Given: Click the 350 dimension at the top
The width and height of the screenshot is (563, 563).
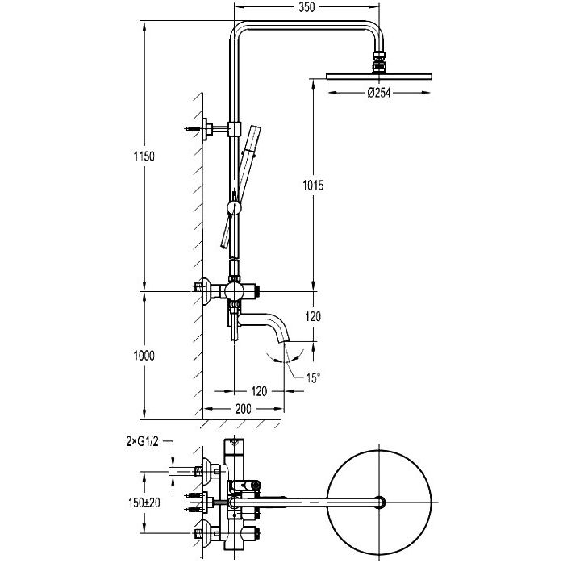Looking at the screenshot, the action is click(307, 7).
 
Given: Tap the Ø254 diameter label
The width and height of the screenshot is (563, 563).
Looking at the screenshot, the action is click(379, 93).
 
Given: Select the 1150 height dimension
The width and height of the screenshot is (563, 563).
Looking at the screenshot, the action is click(144, 156).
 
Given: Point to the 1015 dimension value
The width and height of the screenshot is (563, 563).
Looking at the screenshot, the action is click(313, 186).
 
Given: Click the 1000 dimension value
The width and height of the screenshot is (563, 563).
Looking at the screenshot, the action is click(144, 356).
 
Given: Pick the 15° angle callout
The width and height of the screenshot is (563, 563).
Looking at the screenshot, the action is click(313, 377).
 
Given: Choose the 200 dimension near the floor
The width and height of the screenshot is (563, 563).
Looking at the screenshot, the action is click(243, 409).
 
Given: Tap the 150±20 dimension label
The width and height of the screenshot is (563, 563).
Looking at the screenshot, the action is click(144, 503).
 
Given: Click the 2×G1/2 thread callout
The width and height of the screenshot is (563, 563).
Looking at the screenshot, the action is click(142, 441).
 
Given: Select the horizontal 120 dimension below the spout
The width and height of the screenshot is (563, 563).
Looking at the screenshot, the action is click(259, 391).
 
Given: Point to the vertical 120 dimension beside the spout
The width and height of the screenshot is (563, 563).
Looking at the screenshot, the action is click(313, 316).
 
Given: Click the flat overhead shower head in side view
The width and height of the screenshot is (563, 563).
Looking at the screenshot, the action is click(379, 76).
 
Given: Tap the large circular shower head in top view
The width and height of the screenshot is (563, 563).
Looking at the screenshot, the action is click(380, 450).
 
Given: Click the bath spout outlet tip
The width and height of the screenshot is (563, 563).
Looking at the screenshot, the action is click(285, 341).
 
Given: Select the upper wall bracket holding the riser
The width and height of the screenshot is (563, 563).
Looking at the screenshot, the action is click(213, 129).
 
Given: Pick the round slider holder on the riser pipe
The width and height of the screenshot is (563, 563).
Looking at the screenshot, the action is click(234, 208).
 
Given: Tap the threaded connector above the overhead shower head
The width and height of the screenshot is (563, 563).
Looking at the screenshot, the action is click(379, 62).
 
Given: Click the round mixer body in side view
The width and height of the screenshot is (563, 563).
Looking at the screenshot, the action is click(234, 291).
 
